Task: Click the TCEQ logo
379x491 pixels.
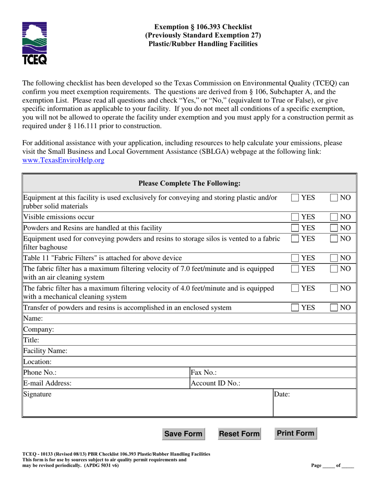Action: [x=35, y=43]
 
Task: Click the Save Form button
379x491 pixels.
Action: [x=183, y=434]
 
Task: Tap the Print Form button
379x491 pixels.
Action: [x=296, y=433]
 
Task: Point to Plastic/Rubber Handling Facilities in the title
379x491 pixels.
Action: [x=203, y=43]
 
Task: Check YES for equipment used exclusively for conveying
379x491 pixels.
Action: [x=295, y=198]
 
